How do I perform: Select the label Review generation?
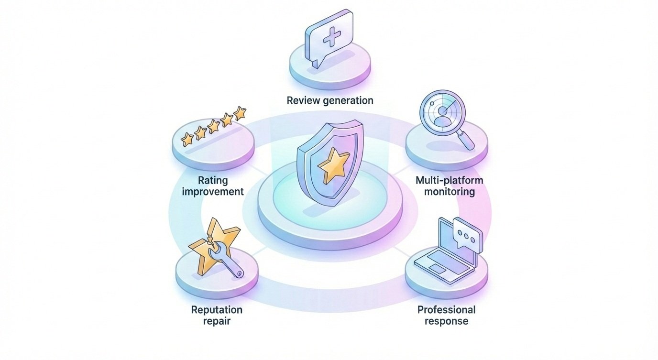pyautogui.click(x=330, y=100)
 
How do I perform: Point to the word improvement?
pyautogui.click(x=214, y=192)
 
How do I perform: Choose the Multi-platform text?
pyautogui.click(x=449, y=181)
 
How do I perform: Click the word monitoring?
pyautogui.click(x=449, y=192)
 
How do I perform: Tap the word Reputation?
pyautogui.click(x=217, y=310)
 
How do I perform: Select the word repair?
pyautogui.click(x=217, y=321)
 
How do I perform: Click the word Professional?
pyautogui.click(x=447, y=310)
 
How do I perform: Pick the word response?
pyautogui.click(x=447, y=321)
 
